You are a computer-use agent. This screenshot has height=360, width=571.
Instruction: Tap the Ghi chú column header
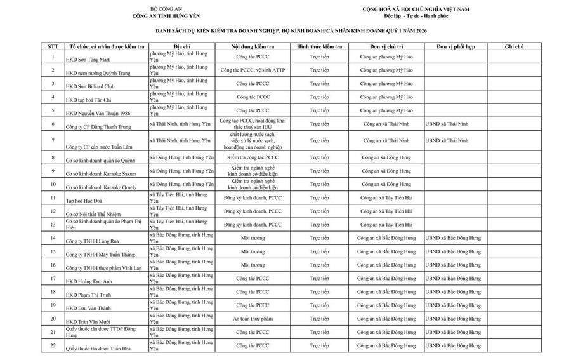(x=514, y=47)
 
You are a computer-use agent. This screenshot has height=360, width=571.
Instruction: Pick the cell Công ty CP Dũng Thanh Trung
(x=100, y=127)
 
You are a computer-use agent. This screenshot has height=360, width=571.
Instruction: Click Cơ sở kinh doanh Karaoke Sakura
(x=103, y=172)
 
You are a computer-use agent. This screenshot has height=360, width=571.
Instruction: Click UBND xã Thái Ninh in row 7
(x=447, y=139)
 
